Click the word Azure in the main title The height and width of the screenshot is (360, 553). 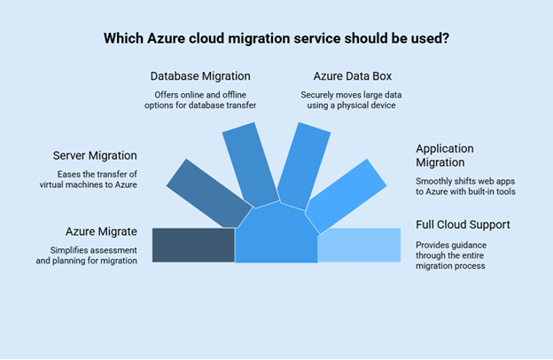tap(166, 38)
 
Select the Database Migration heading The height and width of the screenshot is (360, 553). tap(200, 76)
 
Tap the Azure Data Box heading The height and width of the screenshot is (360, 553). tap(353, 76)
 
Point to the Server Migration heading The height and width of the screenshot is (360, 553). tap(95, 156)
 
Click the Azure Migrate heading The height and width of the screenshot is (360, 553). tap(101, 231)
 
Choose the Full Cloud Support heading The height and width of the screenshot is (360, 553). tap(463, 225)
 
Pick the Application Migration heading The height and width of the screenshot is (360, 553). tap(445, 155)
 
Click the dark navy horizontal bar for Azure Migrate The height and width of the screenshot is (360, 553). tap(193, 245)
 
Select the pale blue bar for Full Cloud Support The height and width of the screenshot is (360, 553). tap(359, 245)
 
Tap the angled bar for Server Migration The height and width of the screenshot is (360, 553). tap(209, 194)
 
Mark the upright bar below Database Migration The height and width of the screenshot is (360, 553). tap(251, 165)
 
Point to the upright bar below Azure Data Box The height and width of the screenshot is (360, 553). tap(303, 166)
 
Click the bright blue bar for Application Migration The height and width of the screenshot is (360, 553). tap(347, 196)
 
